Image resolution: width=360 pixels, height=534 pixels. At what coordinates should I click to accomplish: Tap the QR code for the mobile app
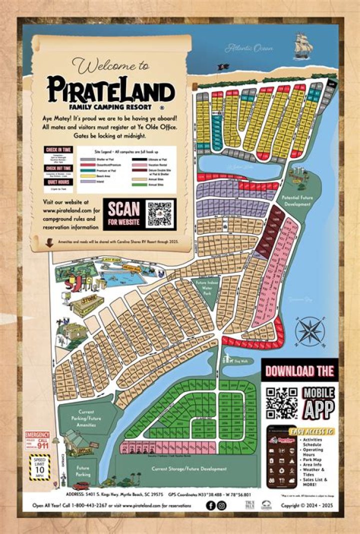pos(281,402)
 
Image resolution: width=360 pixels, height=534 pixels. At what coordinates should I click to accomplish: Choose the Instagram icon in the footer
pos(221,505)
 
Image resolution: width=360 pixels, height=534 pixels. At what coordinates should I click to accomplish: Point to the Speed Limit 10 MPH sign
pos(40,466)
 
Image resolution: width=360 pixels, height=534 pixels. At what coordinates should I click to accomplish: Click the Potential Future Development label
pos(297,201)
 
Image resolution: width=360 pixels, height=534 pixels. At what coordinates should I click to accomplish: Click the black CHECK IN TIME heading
pos(58,149)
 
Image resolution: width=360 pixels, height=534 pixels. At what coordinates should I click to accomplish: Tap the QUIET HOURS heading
pos(58,182)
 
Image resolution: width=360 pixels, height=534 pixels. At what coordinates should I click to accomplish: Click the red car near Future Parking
pos(80,485)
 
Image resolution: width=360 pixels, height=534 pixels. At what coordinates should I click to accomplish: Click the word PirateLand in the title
pos(111,90)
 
